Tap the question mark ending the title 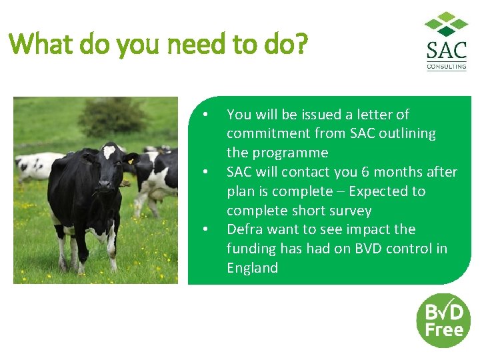click(301, 45)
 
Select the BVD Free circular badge click(443, 320)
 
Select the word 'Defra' click(244, 229)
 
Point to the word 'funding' click(251, 249)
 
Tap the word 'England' click(252, 268)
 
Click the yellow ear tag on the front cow click(130, 161)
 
